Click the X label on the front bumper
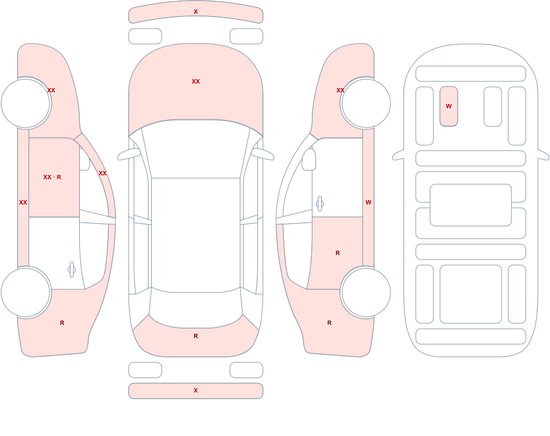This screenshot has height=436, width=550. click(x=196, y=12)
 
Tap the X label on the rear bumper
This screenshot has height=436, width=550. click(x=196, y=390)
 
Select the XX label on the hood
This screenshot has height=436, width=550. click(x=196, y=81)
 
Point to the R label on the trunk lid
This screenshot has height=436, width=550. click(x=196, y=336)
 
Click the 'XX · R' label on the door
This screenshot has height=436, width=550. click(x=52, y=177)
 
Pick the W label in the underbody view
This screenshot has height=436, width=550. click(x=449, y=106)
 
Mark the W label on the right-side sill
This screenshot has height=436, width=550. click(x=369, y=202)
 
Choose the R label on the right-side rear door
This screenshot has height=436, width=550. click(x=338, y=253)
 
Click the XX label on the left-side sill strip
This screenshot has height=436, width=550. click(x=23, y=202)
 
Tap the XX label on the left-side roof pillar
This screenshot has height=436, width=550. click(x=102, y=173)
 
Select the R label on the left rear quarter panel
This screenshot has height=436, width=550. click(x=62, y=323)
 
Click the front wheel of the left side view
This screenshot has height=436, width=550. click(x=25, y=103)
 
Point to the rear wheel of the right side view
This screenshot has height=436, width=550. click(x=366, y=292)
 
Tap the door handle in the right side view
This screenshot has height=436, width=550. click(x=320, y=204)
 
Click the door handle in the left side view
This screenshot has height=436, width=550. click(x=71, y=270)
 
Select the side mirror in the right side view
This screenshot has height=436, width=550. click(x=309, y=159)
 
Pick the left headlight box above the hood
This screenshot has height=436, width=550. click(x=145, y=36)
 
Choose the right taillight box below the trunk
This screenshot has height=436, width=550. click(x=246, y=370)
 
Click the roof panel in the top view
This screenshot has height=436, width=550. click(x=196, y=235)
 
